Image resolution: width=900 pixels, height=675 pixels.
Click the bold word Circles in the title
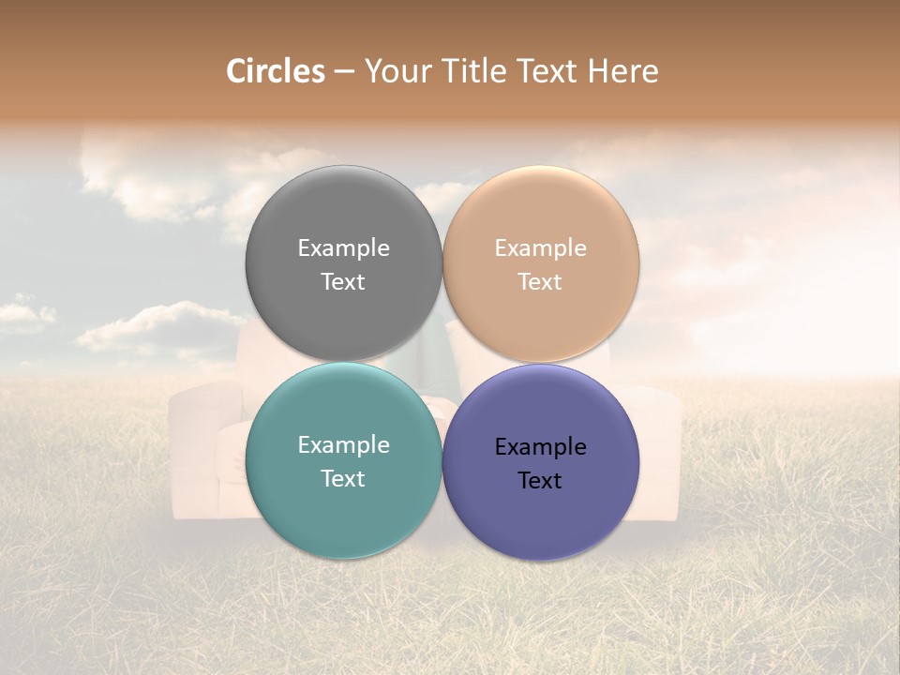click(276, 71)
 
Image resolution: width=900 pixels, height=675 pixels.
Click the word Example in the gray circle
click(343, 248)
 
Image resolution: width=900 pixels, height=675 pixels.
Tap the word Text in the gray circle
click(343, 282)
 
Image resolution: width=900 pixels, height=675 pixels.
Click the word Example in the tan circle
click(540, 248)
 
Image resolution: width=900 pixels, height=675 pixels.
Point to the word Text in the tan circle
click(540, 282)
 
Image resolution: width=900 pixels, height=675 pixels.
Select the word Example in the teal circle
click(343, 445)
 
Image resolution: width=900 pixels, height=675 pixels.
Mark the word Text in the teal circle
click(343, 479)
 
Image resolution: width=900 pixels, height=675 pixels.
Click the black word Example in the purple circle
click(540, 447)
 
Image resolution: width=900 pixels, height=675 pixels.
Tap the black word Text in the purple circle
click(540, 481)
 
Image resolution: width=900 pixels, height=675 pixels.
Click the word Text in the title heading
click(547, 71)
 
